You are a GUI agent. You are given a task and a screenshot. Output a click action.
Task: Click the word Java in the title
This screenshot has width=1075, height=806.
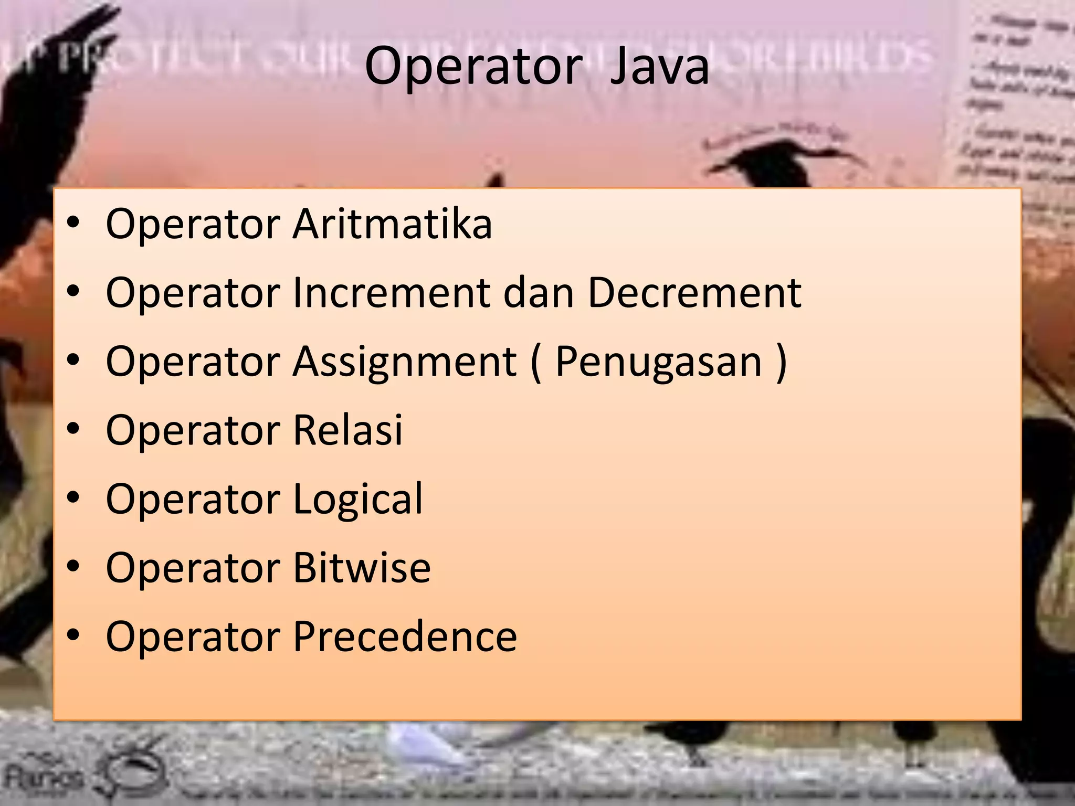[659, 67]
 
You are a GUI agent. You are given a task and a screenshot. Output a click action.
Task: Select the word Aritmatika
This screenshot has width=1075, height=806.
[392, 224]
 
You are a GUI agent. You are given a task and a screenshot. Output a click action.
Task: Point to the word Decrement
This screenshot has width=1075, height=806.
[694, 293]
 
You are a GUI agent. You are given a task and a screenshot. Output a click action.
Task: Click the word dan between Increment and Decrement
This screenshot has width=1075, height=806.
[539, 293]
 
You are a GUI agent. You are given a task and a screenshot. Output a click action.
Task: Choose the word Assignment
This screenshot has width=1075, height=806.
[405, 362]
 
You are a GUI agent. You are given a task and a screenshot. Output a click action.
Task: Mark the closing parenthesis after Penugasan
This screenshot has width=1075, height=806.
[781, 362]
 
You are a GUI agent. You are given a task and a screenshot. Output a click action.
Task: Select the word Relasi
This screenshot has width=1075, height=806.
[347, 430]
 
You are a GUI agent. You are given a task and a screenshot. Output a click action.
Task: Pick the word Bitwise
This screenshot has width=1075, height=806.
[362, 568]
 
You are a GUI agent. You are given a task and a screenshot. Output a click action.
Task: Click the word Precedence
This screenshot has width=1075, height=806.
[405, 637]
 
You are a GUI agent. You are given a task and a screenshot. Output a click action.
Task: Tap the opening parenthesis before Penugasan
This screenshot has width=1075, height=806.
[535, 362]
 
